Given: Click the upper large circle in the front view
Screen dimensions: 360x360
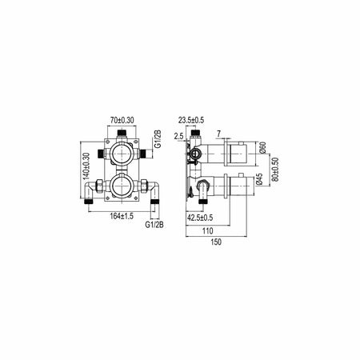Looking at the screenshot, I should click(123, 154).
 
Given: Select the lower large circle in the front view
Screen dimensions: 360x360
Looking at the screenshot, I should click(123, 189).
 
